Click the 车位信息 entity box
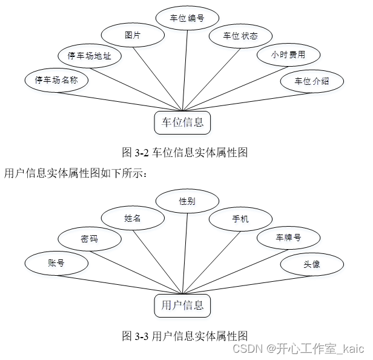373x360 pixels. (182, 122)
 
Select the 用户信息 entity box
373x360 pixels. (182, 305)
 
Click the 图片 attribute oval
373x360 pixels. (133, 36)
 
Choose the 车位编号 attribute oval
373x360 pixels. (187, 18)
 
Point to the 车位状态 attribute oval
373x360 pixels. (240, 36)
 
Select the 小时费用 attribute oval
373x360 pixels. (288, 56)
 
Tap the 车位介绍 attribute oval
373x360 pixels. (312, 81)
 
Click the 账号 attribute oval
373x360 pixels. (56, 263)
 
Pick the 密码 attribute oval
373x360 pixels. (89, 239)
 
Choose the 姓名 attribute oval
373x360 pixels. (133, 218)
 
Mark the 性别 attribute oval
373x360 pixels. (187, 201)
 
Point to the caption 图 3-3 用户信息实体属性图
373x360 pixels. (185, 335)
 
